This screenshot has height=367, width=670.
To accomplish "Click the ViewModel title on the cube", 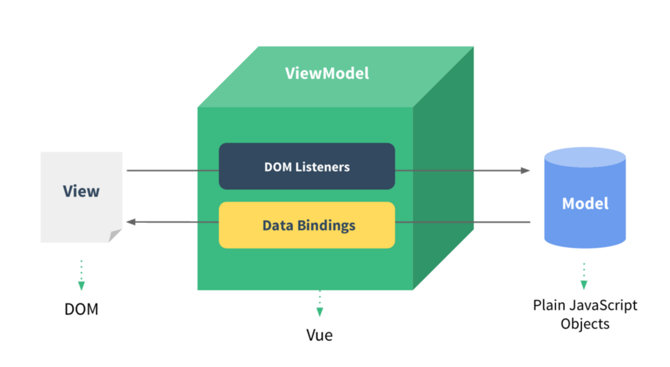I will [x=327, y=74].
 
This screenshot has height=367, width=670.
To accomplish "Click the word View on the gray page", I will [x=81, y=191].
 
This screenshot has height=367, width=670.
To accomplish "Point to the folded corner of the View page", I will [x=115, y=236].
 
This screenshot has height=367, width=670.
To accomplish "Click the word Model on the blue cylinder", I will [x=585, y=204].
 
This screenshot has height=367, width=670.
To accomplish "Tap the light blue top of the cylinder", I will [x=585, y=156].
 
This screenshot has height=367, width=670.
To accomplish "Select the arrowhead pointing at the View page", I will [x=131, y=222].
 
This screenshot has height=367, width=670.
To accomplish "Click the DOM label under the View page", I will [x=81, y=309].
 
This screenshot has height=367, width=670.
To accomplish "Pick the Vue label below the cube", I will [x=319, y=335].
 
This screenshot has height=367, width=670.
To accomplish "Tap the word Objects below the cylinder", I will [x=585, y=324].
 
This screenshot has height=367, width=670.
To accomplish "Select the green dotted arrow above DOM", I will [x=81, y=276].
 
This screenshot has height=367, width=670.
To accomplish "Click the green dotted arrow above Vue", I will [x=320, y=304].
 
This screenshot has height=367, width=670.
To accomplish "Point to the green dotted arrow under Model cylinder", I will [x=584, y=277].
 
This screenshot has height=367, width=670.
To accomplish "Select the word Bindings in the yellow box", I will [x=326, y=226].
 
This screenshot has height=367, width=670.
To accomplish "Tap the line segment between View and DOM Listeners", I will [x=172, y=171].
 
